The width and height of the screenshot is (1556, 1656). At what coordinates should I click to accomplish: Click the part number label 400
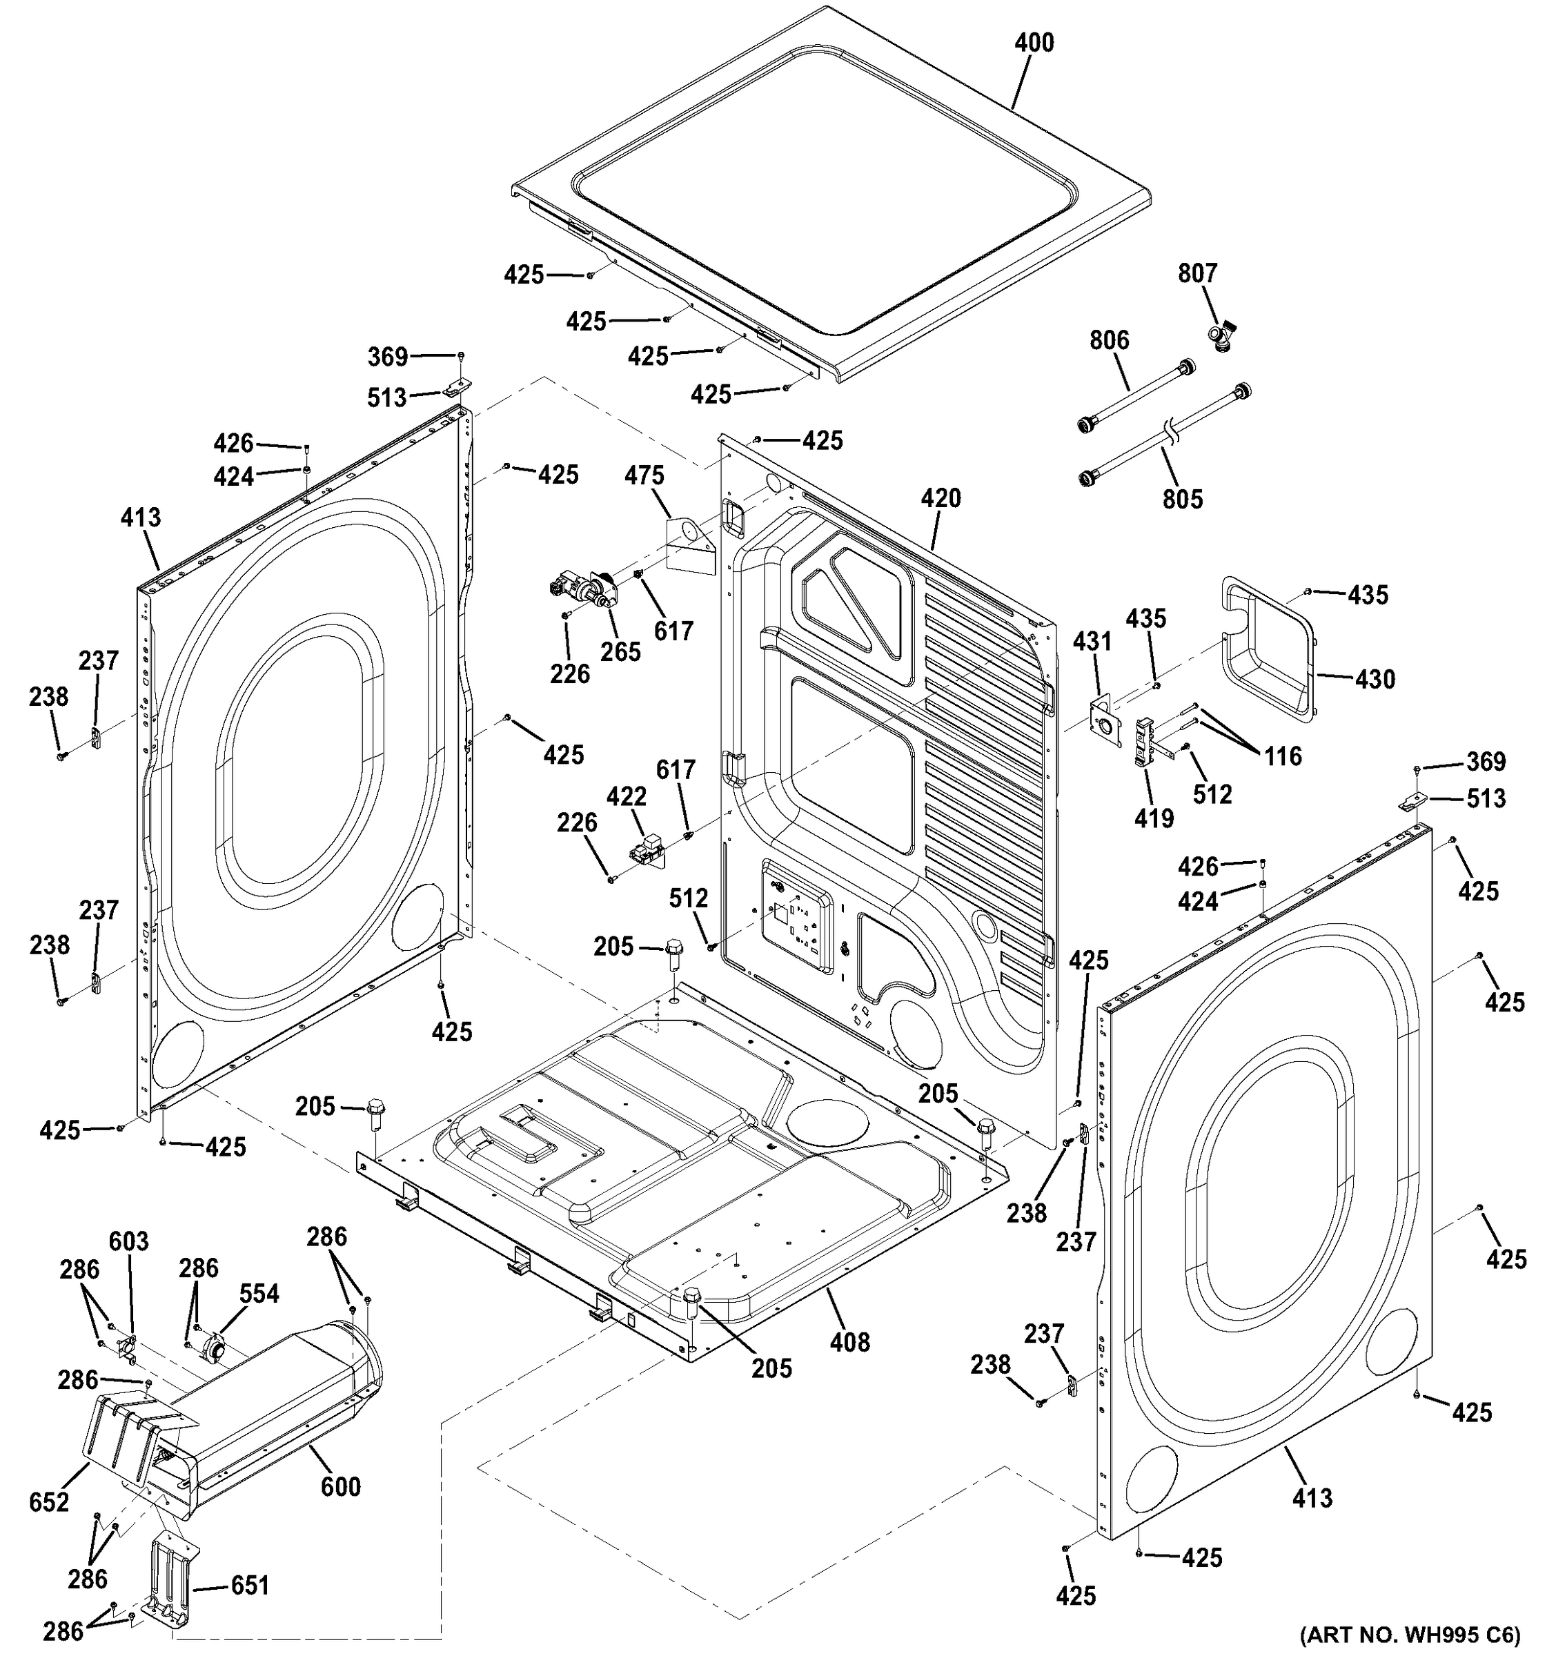[x=1034, y=43]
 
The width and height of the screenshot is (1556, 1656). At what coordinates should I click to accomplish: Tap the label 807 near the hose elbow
[x=1197, y=273]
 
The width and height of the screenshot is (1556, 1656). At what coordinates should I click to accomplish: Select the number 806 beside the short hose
[x=1110, y=340]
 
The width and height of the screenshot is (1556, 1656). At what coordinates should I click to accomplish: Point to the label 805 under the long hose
[x=1183, y=499]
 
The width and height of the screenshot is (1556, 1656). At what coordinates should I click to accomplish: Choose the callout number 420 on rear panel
[x=941, y=498]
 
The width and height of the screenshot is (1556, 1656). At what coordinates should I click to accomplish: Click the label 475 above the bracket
[x=644, y=475]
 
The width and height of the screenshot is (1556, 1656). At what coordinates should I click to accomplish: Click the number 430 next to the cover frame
[x=1375, y=679]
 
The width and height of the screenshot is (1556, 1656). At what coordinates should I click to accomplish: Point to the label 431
[x=1092, y=642]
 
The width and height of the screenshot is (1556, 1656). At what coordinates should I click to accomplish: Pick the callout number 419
[x=1154, y=818]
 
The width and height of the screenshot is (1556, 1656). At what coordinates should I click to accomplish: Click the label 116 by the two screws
[x=1283, y=756]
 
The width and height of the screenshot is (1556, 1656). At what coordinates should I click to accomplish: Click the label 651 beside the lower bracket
[x=249, y=1584]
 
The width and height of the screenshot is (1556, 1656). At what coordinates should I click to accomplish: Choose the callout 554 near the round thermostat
[x=259, y=1294]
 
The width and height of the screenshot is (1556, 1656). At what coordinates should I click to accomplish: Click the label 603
[x=129, y=1241]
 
